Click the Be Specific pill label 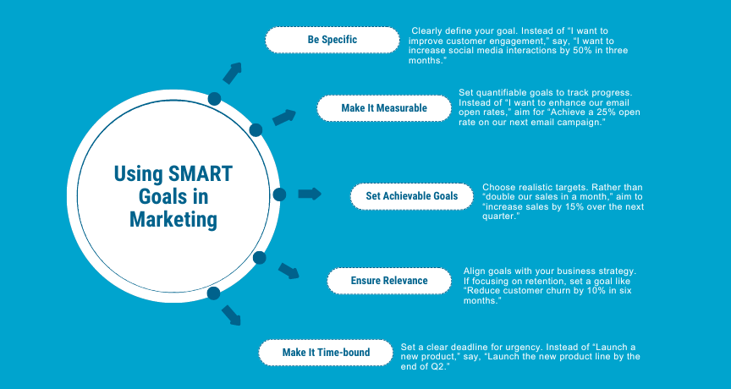(333, 40)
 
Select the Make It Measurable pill (384, 108)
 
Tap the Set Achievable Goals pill (412, 196)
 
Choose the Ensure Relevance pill (389, 281)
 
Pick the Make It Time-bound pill (326, 352)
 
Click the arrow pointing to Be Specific (232, 73)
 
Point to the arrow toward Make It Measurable (284, 117)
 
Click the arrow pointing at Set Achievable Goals (310, 194)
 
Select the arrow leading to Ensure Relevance (289, 271)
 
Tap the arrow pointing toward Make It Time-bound (231, 315)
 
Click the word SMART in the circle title (201, 173)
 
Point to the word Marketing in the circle (173, 219)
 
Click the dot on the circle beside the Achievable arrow (279, 194)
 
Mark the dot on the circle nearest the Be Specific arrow (214, 99)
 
